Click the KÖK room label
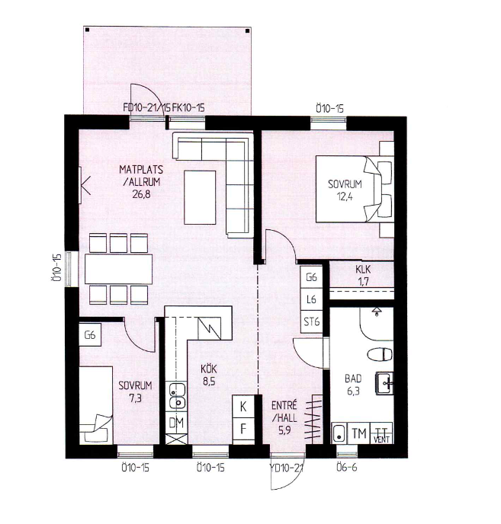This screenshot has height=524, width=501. (x=209, y=369)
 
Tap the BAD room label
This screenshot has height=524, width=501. (x=353, y=379)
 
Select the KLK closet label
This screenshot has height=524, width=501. (x=363, y=270)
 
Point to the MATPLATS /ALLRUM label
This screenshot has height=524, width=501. (x=141, y=175)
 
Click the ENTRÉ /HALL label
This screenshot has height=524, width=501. (x=284, y=412)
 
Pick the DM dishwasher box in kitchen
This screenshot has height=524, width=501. (x=176, y=423)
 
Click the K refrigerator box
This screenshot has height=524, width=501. (x=243, y=407)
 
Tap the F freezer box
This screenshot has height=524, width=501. (x=243, y=429)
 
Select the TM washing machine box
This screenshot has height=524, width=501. (x=359, y=433)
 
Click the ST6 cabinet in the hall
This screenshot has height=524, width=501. (x=312, y=322)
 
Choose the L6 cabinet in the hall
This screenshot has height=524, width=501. (x=312, y=299)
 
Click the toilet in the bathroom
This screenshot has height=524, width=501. (x=380, y=355)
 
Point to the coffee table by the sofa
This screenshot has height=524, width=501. (x=200, y=197)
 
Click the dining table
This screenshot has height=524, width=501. (x=119, y=269)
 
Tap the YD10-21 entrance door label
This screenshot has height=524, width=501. (x=287, y=468)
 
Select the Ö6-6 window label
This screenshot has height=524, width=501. (x=347, y=467)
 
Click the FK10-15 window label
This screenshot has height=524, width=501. (x=188, y=107)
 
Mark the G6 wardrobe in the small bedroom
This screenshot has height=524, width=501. (x=90, y=334)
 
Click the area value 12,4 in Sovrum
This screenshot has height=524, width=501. (x=345, y=196)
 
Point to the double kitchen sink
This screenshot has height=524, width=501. (x=177, y=396)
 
